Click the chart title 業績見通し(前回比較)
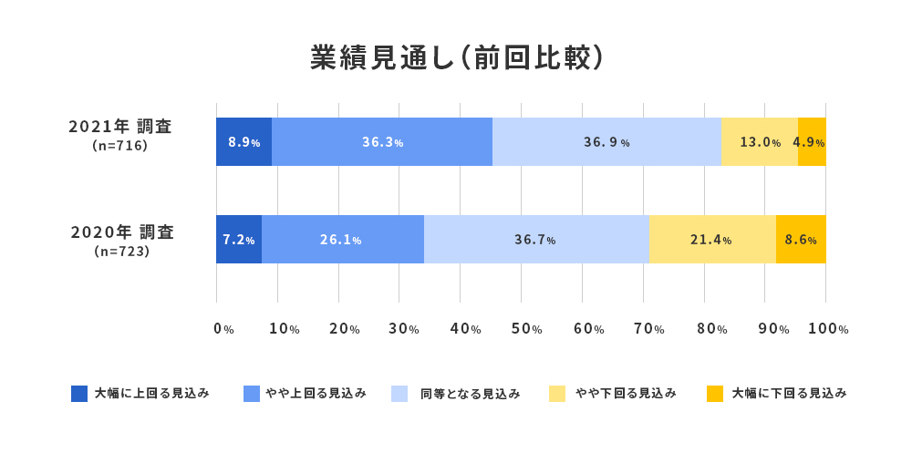click(456, 57)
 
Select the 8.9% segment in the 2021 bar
click(244, 142)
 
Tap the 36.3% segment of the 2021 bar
click(382, 142)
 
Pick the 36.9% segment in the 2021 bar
click(606, 142)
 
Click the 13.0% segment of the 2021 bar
click(760, 142)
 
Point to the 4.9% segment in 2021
click(812, 142)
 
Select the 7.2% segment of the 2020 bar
click(238, 240)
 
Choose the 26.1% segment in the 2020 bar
click(342, 240)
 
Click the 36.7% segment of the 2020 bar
click(535, 240)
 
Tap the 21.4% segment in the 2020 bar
click(711, 240)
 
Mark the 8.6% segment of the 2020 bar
click(801, 240)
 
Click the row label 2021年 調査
click(120, 127)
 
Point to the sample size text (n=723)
click(121, 251)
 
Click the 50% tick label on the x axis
click(526, 329)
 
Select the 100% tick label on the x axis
click(829, 329)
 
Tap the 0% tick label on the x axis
click(223, 329)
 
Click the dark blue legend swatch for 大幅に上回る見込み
click(79, 394)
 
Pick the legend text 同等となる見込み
click(470, 394)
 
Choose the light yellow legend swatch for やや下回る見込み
click(557, 394)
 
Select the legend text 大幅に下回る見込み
click(789, 394)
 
